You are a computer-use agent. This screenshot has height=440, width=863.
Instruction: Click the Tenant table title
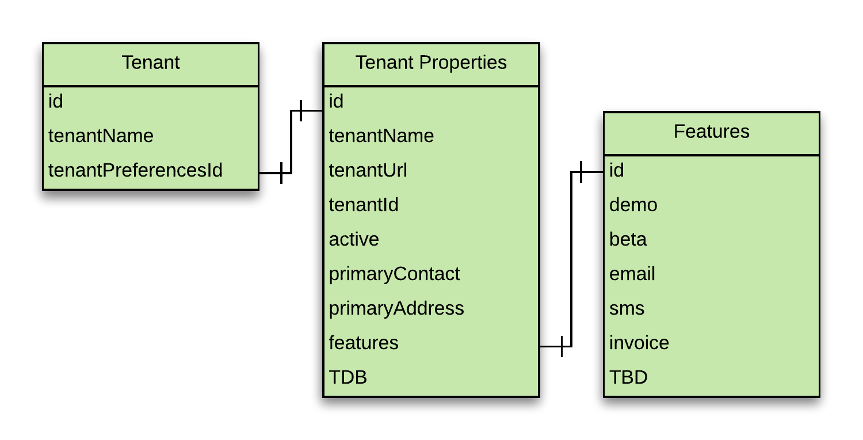click(x=151, y=63)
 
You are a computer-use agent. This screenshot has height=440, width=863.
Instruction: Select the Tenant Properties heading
click(x=431, y=63)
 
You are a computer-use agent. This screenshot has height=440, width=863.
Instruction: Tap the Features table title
click(x=711, y=131)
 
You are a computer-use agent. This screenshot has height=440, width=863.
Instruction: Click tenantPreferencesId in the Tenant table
click(x=135, y=170)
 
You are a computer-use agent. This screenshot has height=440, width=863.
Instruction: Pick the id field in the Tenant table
click(x=55, y=101)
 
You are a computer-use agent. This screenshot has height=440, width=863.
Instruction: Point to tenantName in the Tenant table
click(x=101, y=136)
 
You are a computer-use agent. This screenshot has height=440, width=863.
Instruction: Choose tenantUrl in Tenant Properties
click(x=368, y=170)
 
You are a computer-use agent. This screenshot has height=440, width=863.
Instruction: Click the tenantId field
click(x=363, y=205)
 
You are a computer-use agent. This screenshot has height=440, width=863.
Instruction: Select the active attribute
click(x=354, y=239)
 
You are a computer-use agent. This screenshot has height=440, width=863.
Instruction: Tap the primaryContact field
click(x=394, y=274)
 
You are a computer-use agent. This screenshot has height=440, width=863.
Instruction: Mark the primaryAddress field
click(x=396, y=309)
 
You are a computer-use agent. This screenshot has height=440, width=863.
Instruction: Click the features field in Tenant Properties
click(x=363, y=343)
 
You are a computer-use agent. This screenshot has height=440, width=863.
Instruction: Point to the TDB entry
click(x=348, y=377)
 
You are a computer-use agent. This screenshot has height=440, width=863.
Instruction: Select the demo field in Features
click(x=633, y=205)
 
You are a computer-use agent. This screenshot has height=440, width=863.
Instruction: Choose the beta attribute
click(x=628, y=239)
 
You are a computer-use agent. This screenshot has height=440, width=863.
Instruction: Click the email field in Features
click(x=632, y=274)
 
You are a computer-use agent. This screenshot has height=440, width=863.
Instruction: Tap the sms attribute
click(x=627, y=308)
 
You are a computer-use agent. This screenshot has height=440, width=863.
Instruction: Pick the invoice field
click(x=639, y=343)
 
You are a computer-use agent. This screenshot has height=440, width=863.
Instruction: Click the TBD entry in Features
click(x=628, y=377)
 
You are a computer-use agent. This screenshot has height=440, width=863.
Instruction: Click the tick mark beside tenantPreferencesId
click(x=282, y=173)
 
